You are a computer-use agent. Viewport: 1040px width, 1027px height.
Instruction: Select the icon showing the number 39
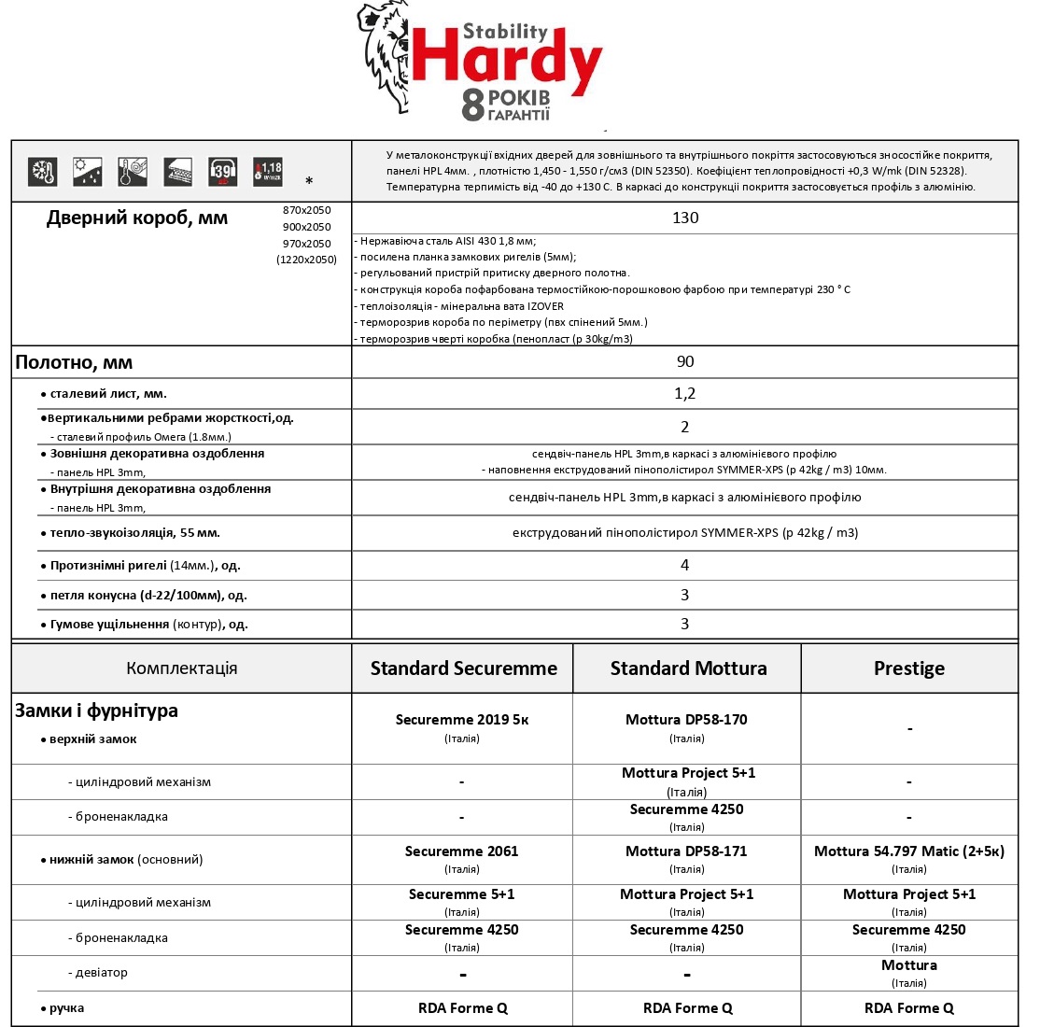point(222,172)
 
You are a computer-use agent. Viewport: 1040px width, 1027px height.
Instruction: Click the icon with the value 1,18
point(268,172)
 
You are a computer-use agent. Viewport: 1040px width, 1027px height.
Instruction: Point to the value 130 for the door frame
point(685,218)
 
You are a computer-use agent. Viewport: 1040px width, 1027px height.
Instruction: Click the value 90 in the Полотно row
point(685,361)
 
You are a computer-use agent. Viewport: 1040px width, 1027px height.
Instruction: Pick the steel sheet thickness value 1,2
point(685,394)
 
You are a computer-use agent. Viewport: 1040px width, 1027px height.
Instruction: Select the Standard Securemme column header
point(463,668)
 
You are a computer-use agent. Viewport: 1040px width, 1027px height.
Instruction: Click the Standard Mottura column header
point(688,668)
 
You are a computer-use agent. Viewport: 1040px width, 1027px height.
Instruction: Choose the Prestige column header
point(909,668)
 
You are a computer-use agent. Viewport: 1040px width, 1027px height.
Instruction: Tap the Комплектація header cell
point(182,668)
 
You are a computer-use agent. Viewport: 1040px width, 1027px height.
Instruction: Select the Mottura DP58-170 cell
point(686,720)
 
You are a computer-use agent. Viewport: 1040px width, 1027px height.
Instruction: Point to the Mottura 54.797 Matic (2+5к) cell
point(909,851)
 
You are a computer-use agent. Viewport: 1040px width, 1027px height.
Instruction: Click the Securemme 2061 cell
point(462,851)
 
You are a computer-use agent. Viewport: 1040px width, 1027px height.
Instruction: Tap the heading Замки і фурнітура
point(96,710)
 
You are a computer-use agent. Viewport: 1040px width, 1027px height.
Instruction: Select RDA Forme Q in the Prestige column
point(909,1008)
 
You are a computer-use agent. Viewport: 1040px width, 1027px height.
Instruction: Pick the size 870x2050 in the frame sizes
point(306,210)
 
